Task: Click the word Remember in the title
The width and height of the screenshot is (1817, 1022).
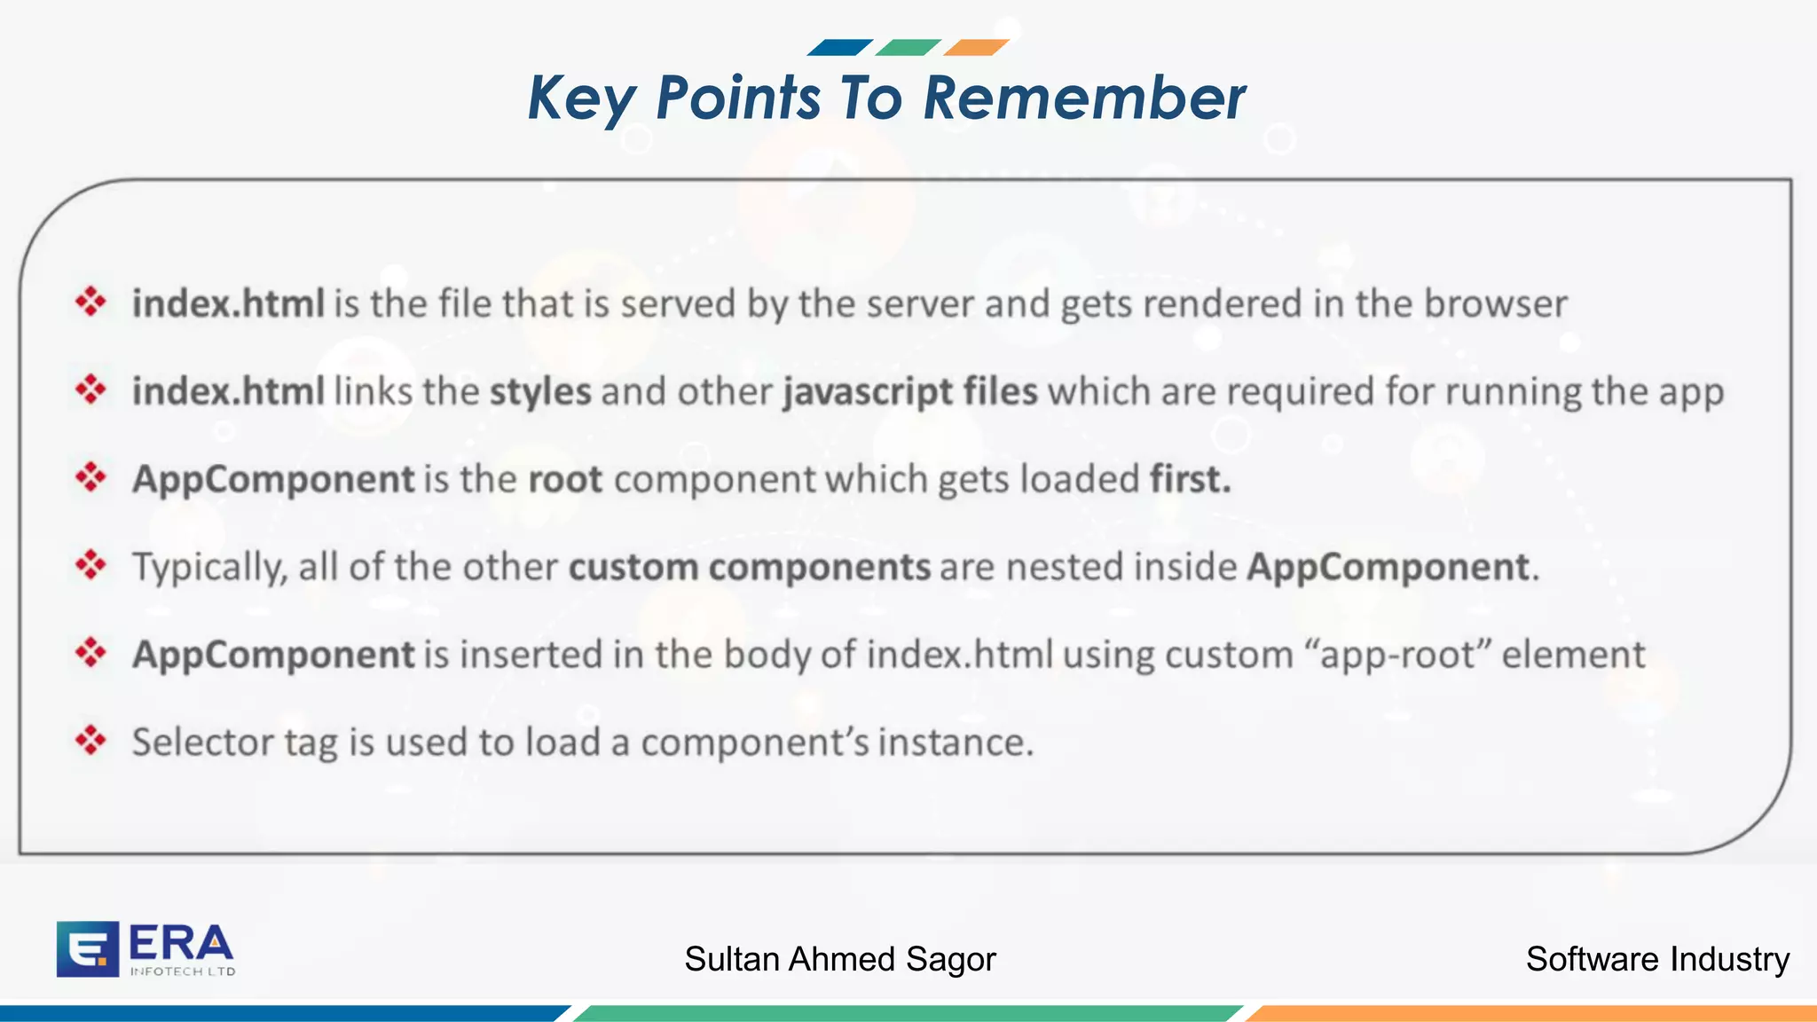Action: [1084, 98]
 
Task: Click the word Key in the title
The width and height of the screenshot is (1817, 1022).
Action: [581, 99]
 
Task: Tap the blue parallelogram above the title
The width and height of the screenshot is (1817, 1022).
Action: [839, 47]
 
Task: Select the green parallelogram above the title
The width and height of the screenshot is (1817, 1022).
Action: [908, 47]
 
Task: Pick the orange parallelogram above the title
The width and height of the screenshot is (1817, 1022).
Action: [976, 47]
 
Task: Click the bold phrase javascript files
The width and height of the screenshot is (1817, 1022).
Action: [910, 392]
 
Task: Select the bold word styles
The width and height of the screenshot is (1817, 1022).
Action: [540, 392]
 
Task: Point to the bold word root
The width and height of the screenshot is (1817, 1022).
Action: [565, 480]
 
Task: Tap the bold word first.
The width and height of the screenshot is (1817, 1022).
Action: [1190, 480]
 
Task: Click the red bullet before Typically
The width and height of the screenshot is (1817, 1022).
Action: [90, 564]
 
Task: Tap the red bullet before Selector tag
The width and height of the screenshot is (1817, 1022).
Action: [90, 740]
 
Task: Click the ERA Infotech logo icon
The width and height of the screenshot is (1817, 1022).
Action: [87, 949]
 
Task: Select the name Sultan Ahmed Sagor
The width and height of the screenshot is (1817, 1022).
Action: [840, 959]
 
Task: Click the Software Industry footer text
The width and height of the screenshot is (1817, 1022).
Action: [1657, 959]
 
